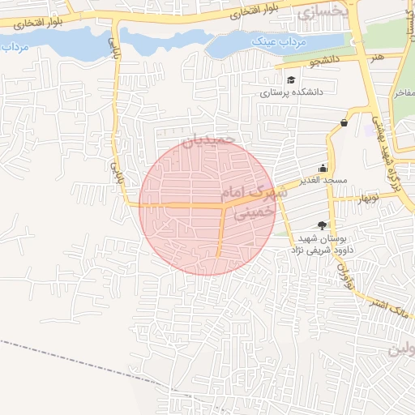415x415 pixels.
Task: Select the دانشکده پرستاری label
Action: point(292,92)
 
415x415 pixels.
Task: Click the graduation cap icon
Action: point(290,79)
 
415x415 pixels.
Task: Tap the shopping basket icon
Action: point(344,122)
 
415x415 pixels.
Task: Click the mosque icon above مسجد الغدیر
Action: point(323,168)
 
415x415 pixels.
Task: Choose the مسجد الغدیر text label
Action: point(323,179)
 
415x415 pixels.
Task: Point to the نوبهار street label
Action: point(364,197)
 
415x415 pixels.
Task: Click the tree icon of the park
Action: point(323,225)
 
